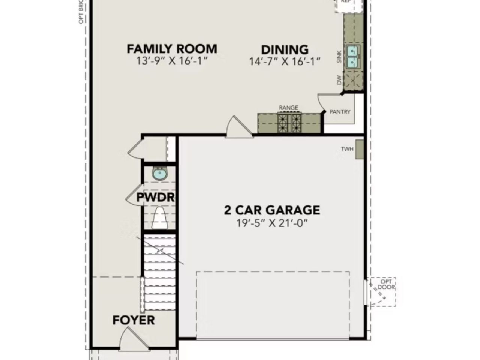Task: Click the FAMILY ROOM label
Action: [172, 49]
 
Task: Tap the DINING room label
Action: [285, 49]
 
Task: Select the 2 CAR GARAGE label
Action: [272, 210]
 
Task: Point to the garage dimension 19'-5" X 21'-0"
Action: [272, 223]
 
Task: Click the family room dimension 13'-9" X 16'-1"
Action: [172, 61]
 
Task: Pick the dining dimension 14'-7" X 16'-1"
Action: [285, 61]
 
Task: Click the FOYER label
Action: [133, 320]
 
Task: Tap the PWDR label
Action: [155, 198]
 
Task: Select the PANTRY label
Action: [340, 112]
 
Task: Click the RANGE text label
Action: [288, 108]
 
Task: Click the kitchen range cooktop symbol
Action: [289, 123]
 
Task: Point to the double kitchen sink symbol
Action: [353, 57]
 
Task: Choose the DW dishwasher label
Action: [339, 79]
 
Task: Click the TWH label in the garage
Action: [347, 149]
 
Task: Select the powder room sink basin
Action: [160, 174]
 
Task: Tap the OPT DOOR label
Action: [386, 284]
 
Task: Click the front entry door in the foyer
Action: [127, 337]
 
